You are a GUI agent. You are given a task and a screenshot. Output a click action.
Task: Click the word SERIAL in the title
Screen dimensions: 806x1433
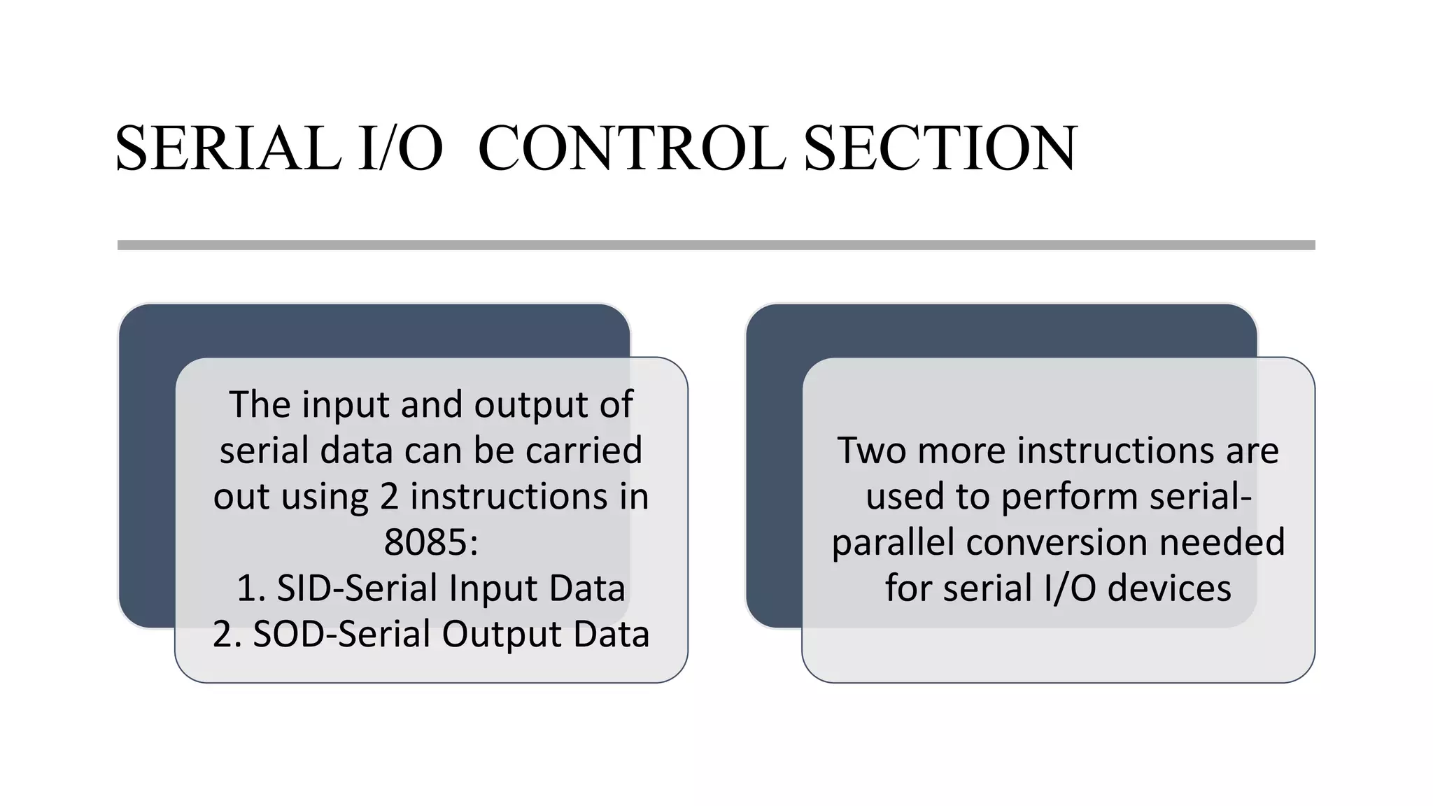pos(228,148)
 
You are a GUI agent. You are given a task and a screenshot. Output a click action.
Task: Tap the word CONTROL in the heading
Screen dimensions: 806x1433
pos(631,148)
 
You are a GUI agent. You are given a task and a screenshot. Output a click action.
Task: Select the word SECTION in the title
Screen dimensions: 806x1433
pos(940,148)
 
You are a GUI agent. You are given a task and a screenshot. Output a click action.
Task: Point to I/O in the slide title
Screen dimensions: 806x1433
pos(400,148)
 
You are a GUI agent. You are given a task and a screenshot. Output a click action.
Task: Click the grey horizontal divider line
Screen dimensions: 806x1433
pos(716,245)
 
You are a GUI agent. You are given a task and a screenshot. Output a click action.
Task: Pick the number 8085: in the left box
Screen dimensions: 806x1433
pos(431,542)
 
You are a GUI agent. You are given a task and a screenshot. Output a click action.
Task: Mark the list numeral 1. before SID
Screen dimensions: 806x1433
pos(251,588)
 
